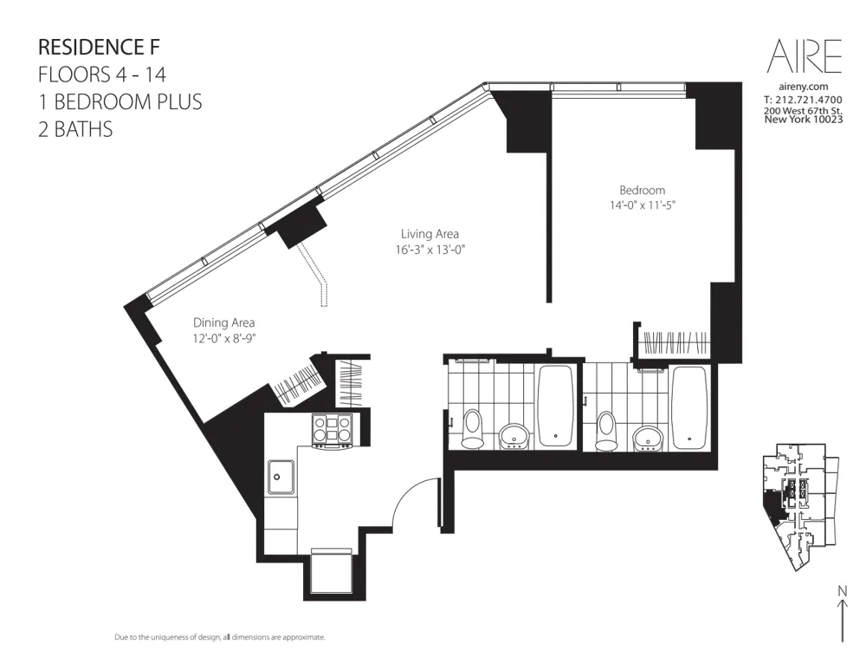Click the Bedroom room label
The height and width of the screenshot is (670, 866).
(642, 191)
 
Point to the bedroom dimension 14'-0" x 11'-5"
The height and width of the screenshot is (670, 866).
(642, 206)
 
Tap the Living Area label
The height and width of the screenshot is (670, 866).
(430, 234)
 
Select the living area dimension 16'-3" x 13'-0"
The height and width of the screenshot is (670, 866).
(430, 250)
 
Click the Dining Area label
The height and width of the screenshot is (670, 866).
(223, 322)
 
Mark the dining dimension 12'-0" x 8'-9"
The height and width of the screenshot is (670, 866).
(223, 338)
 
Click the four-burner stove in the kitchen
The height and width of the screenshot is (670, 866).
(333, 429)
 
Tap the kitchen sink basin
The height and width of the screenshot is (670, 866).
(280, 474)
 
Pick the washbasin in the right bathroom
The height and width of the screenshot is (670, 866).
(648, 436)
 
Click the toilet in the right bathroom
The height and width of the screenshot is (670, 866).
(606, 429)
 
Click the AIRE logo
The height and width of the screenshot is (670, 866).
(805, 56)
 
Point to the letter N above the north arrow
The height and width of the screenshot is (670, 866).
(842, 591)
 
